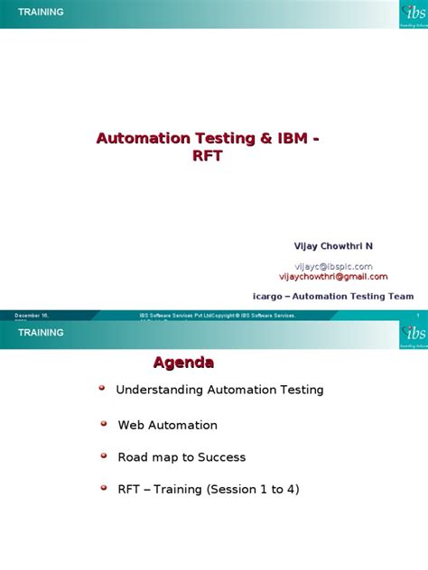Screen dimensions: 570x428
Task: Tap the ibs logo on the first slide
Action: tap(412, 14)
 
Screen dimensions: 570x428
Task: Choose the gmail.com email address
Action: tap(333, 277)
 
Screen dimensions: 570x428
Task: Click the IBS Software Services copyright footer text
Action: tap(217, 316)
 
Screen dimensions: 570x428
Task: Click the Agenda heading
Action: tap(183, 363)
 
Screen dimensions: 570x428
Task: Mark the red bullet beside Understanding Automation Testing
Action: tap(102, 387)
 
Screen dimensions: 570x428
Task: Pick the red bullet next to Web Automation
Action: tap(104, 421)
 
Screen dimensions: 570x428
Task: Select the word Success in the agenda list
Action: tap(222, 457)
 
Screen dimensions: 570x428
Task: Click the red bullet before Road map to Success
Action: tap(104, 455)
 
